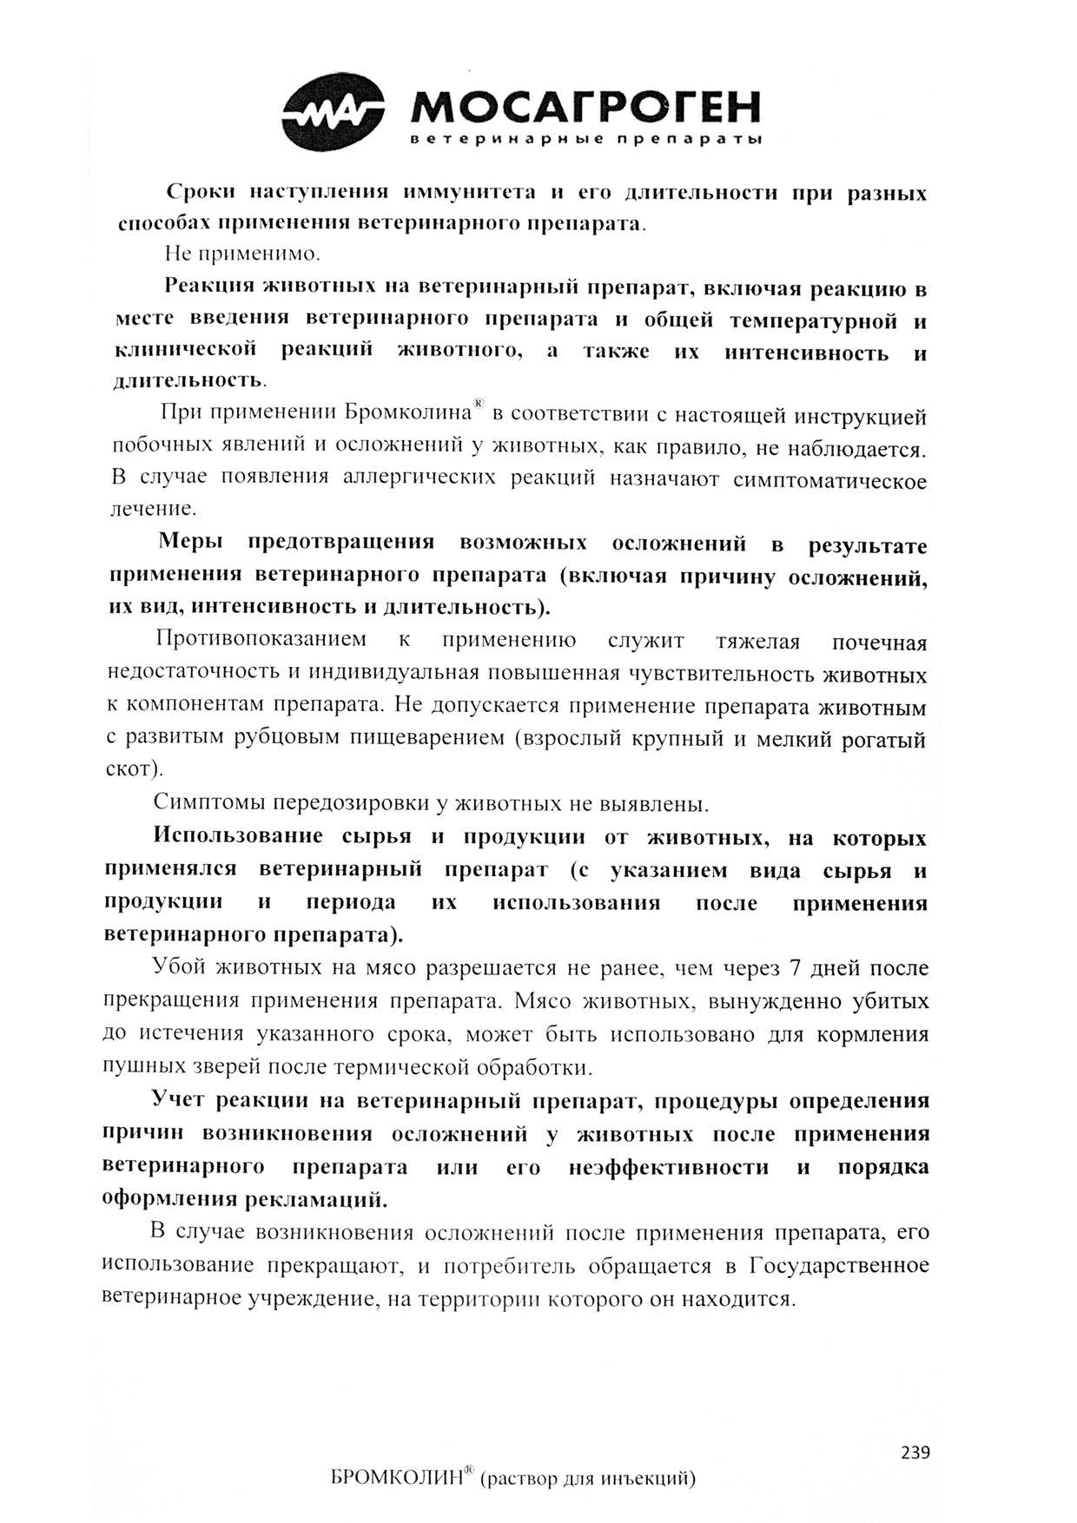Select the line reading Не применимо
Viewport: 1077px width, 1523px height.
pos(242,255)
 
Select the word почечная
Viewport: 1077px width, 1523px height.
pos(879,643)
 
